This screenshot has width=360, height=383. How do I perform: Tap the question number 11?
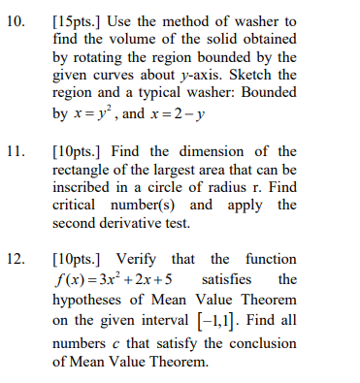pos(16,151)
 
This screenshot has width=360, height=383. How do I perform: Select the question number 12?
pos(16,259)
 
